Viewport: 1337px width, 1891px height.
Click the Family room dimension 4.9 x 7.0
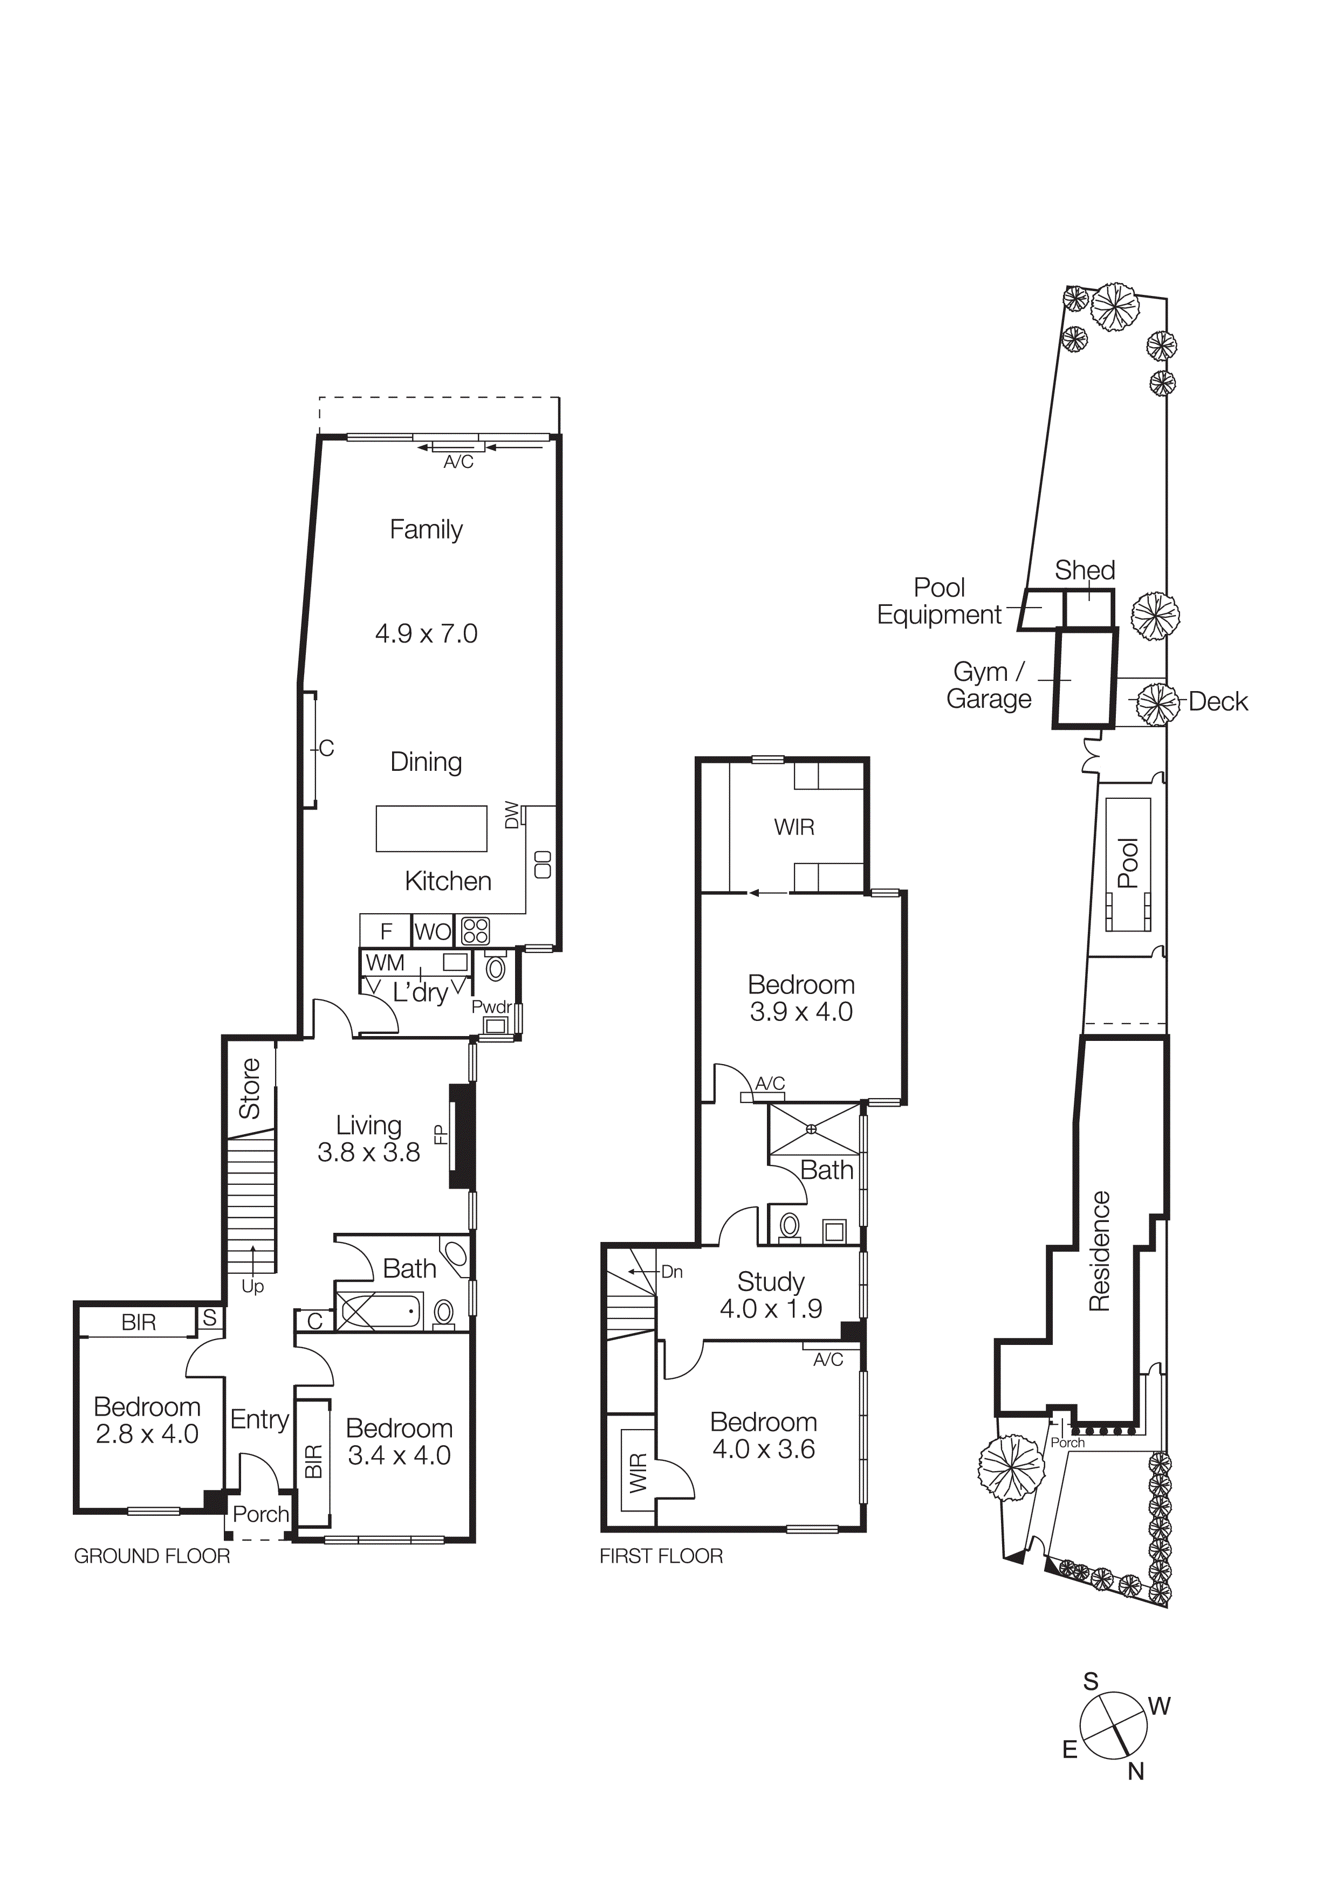(426, 633)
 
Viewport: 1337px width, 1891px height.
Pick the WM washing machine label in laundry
(385, 962)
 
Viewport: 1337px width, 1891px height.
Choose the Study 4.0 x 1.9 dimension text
(771, 1309)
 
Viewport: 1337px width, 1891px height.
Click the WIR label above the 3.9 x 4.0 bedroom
(794, 827)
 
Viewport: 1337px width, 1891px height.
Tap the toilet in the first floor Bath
(789, 1226)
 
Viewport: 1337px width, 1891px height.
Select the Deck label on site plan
(1218, 702)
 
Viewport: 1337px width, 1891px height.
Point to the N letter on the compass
(1136, 1771)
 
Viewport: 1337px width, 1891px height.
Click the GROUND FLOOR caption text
(153, 1556)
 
